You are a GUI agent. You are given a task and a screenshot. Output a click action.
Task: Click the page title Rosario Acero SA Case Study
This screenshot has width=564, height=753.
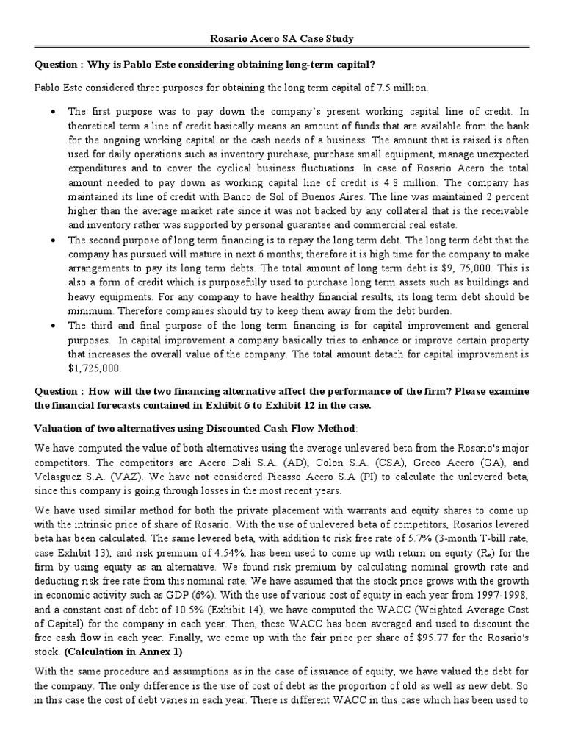click(282, 38)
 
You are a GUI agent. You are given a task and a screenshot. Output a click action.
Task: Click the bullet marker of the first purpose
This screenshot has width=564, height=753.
click(53, 112)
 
